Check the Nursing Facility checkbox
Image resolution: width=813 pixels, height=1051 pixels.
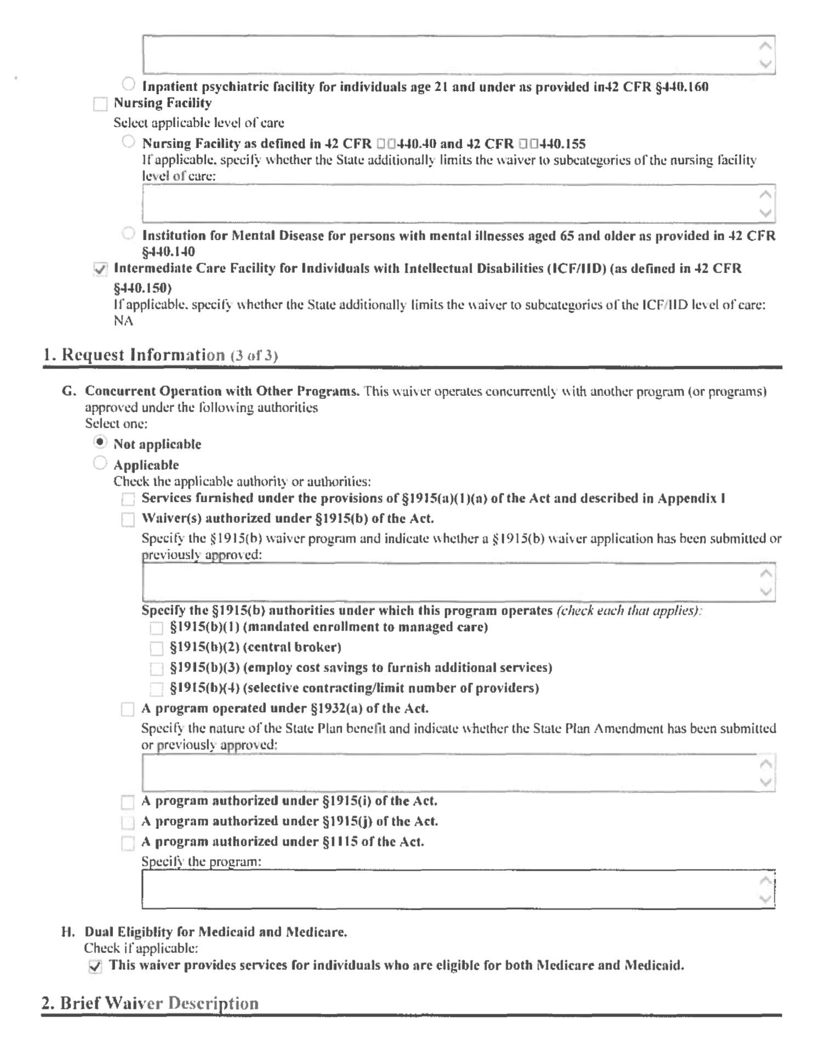[x=100, y=104]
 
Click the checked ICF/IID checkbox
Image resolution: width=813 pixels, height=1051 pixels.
[x=100, y=269]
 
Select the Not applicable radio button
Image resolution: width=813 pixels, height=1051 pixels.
[x=100, y=442]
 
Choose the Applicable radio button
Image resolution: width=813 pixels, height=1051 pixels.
[x=100, y=463]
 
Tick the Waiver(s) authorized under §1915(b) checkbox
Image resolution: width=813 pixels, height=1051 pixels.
[x=128, y=519]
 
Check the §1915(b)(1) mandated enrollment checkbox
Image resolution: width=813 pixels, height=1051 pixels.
[x=156, y=628]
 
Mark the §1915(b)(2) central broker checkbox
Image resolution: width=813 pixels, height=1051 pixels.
[x=156, y=649]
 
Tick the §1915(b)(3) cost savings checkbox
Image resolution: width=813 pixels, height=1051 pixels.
[x=156, y=669]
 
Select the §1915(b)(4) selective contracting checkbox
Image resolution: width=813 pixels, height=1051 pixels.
[x=156, y=689]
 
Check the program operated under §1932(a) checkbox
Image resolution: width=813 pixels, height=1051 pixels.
[x=127, y=709]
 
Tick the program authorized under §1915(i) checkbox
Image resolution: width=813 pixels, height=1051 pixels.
[x=127, y=802]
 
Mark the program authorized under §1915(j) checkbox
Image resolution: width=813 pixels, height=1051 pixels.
[x=127, y=822]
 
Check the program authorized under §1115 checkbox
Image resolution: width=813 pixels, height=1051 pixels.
[x=127, y=843]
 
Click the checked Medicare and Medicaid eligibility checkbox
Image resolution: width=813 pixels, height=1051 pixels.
[x=95, y=967]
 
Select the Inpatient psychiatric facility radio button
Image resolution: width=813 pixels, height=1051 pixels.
[x=128, y=84]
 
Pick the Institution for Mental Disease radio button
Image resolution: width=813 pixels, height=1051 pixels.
[x=128, y=234]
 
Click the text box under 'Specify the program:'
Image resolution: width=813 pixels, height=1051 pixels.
[x=450, y=889]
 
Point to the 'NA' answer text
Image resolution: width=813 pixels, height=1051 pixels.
[x=123, y=321]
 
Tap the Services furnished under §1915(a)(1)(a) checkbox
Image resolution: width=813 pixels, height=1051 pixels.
[x=128, y=499]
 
